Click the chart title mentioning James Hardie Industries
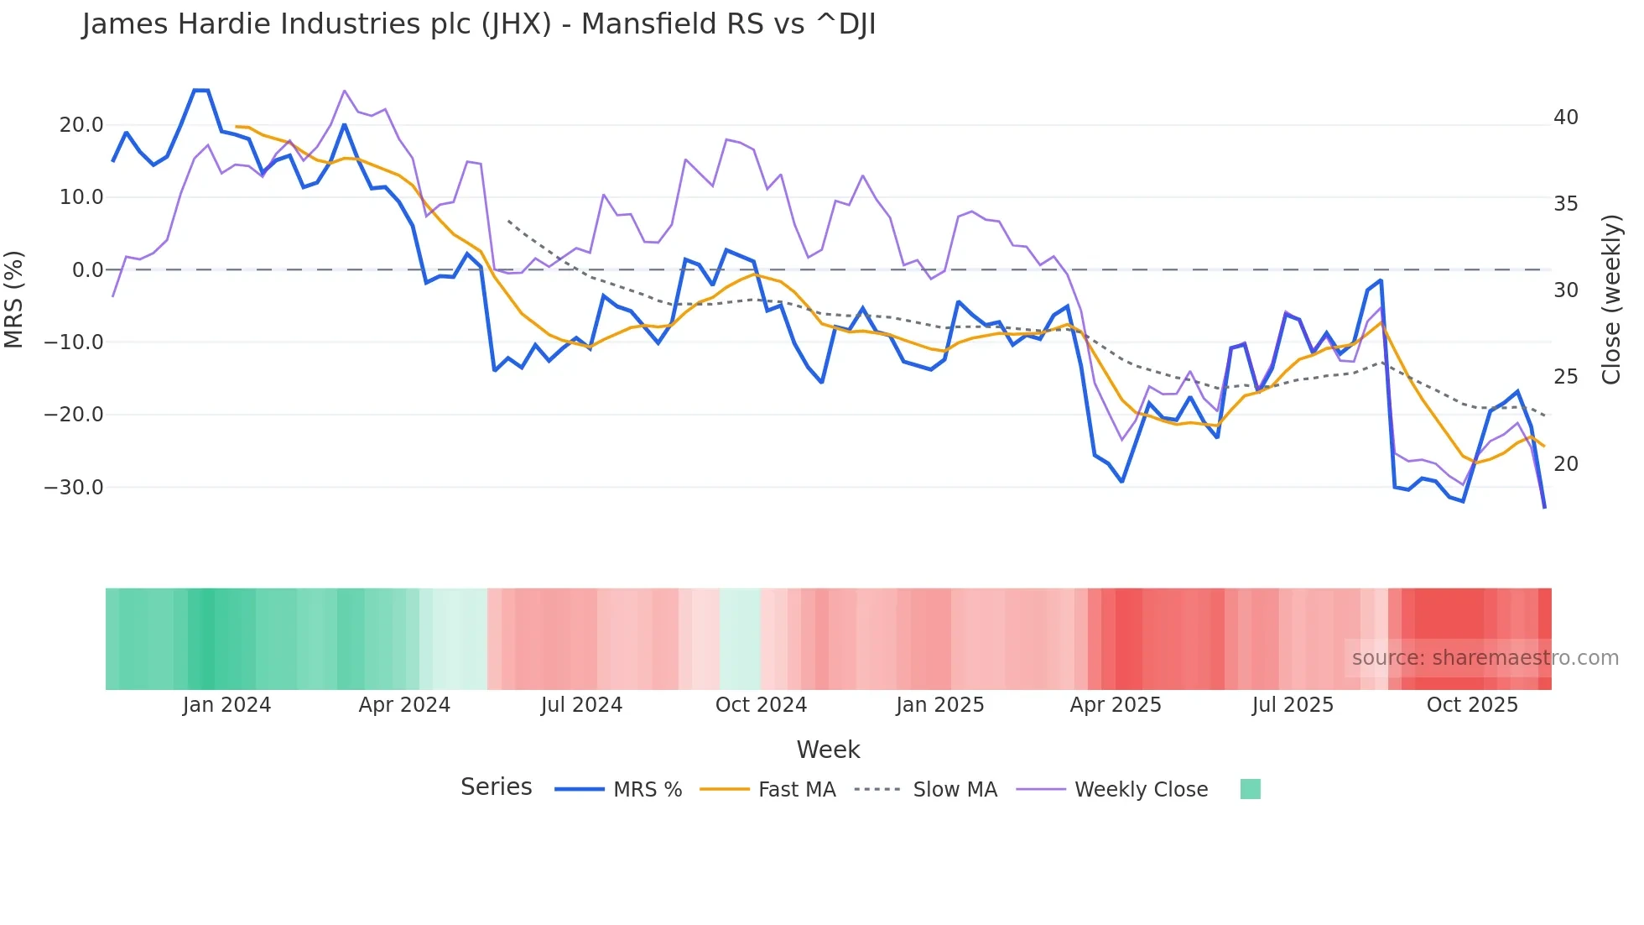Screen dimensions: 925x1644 click(478, 24)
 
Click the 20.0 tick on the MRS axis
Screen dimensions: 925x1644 click(81, 125)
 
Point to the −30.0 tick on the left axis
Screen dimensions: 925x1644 click(74, 487)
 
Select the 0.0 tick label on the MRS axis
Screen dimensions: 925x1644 click(87, 270)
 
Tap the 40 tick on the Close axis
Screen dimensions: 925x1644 click(1565, 118)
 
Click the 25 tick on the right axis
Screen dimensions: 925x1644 click(1565, 377)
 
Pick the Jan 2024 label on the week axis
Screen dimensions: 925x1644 click(226, 705)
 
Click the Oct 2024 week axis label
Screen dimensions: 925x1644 click(761, 705)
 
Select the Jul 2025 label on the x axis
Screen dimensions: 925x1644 click(1293, 705)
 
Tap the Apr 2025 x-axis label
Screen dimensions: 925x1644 click(1116, 705)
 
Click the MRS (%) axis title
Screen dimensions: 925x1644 click(14, 299)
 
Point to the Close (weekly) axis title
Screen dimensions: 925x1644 click(1611, 299)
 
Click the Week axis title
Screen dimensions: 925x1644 click(828, 750)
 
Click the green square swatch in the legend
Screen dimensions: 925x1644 click(1250, 789)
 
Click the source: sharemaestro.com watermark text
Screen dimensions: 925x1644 click(1485, 658)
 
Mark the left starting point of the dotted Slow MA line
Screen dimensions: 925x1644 click(508, 221)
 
